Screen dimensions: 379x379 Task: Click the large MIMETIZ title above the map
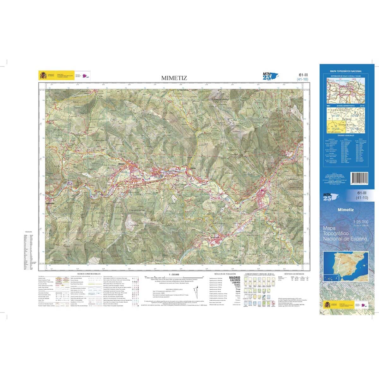pos(174,78)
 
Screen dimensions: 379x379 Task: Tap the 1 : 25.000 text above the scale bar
pos(174,274)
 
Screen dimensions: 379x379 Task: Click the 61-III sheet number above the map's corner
pos(303,75)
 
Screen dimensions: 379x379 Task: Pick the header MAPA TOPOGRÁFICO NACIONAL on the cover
pos(346,71)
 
